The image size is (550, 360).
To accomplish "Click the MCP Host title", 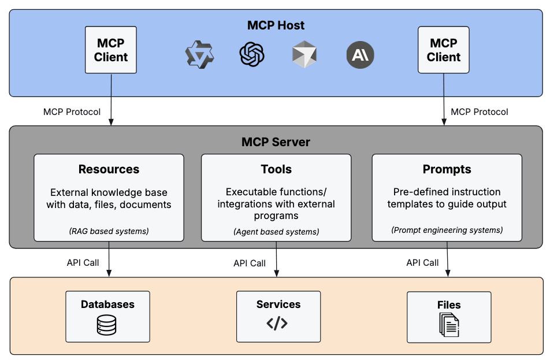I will pyautogui.click(x=276, y=25).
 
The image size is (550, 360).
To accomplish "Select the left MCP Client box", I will pyautogui.click(x=111, y=50).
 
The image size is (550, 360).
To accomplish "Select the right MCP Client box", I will pyautogui.click(x=444, y=50).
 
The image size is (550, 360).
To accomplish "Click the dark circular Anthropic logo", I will pyautogui.click(x=361, y=55).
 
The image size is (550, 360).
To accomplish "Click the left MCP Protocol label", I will pyautogui.click(x=72, y=112).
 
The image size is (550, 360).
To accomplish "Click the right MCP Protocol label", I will pyautogui.click(x=480, y=112).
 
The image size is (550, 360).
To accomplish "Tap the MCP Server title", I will pyautogui.click(x=276, y=142).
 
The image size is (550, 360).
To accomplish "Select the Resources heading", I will pyautogui.click(x=109, y=169).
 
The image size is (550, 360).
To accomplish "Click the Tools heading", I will pyautogui.click(x=276, y=169).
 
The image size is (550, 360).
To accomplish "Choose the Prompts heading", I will pyautogui.click(x=447, y=169).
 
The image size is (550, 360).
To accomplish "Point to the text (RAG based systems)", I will pyautogui.click(x=109, y=231).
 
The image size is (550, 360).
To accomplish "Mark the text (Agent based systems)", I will pyautogui.click(x=276, y=232).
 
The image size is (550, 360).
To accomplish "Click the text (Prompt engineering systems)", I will pyautogui.click(x=447, y=230).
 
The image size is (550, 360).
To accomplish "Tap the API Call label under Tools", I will pyautogui.click(x=250, y=263).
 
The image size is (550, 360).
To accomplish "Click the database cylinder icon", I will pyautogui.click(x=107, y=325).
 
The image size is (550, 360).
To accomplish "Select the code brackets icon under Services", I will pyautogui.click(x=277, y=324).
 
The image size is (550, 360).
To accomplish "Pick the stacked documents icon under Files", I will pyautogui.click(x=449, y=325).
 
